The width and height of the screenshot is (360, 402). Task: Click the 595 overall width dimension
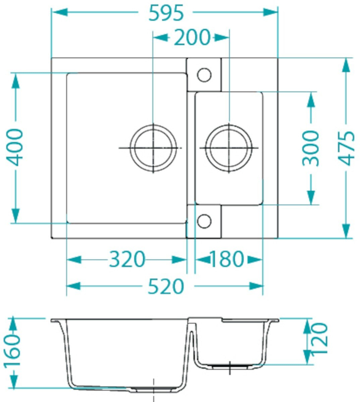click(166, 13)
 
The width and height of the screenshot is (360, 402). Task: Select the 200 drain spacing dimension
click(192, 38)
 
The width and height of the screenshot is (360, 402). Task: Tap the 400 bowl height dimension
click(15, 147)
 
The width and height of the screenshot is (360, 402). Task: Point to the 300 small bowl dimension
click(311, 148)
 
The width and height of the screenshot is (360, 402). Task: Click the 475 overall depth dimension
click(346, 148)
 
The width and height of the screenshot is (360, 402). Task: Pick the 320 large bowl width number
click(127, 259)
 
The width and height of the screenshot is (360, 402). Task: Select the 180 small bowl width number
click(227, 259)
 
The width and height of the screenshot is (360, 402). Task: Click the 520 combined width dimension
click(166, 286)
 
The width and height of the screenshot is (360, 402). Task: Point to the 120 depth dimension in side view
click(319, 338)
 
